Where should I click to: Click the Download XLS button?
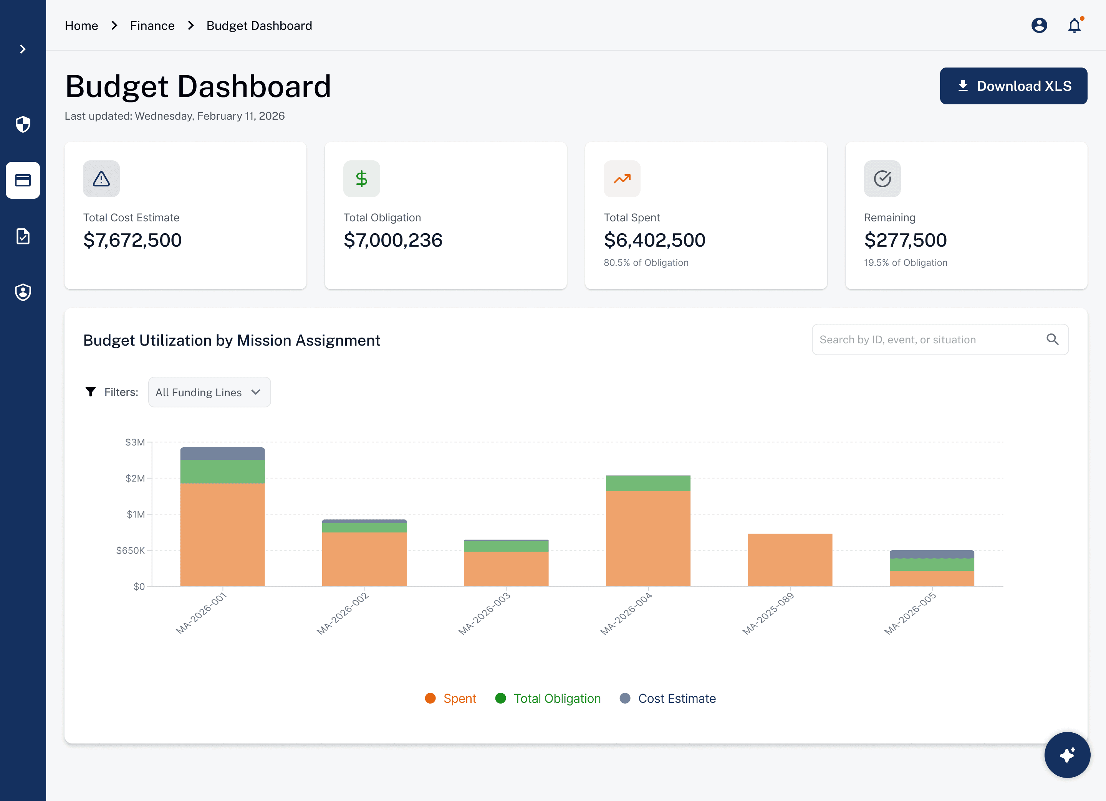1013,86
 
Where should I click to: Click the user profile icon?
1039,25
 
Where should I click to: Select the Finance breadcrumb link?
152,25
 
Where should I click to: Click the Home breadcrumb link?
81,25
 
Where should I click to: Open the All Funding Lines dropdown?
209,392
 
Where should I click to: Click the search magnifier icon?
1052,339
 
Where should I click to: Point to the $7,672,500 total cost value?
132,240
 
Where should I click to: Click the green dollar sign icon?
361,179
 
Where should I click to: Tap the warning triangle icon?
101,179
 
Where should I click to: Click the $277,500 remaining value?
905,240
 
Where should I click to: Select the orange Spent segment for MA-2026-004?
648,538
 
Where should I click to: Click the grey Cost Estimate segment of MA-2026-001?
222,453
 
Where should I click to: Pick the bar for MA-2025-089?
790,560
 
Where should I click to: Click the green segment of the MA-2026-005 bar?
932,565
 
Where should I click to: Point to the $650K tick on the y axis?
130,550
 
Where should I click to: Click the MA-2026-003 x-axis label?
485,613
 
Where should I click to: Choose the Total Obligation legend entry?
548,698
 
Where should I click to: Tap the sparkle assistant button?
1067,755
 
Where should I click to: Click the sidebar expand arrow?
23,49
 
